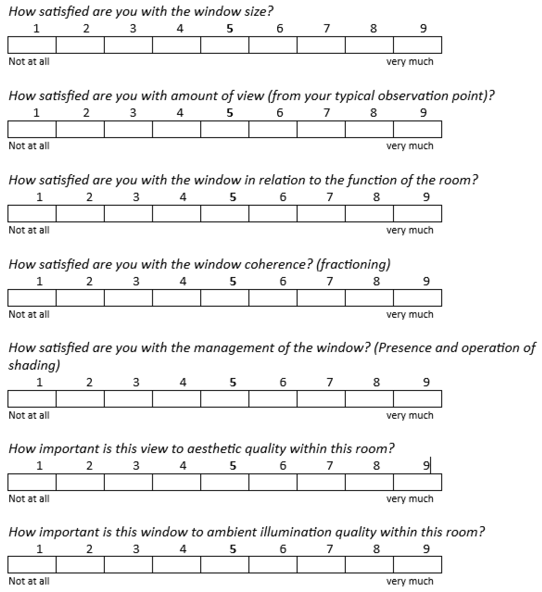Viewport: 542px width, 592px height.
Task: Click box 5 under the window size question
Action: (225, 45)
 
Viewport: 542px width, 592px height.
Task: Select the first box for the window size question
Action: (32, 45)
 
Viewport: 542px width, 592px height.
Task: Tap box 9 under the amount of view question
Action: (417, 129)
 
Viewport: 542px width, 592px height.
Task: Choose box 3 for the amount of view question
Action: (128, 129)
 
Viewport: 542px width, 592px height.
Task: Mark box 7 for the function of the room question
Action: (321, 213)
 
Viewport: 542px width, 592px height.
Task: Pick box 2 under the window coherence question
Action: (80, 298)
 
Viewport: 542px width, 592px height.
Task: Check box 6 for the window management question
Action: (273, 399)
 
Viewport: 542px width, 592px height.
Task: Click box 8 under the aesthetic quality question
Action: (369, 482)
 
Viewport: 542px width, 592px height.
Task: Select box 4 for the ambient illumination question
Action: (177, 565)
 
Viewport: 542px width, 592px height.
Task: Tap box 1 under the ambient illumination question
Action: (32, 565)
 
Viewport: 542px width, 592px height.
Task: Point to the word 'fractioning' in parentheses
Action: (353, 264)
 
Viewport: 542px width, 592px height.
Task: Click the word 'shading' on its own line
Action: (34, 365)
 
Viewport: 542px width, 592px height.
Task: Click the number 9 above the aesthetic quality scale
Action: (426, 466)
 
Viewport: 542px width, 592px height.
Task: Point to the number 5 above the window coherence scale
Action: (233, 281)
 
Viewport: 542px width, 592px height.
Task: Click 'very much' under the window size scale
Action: (409, 61)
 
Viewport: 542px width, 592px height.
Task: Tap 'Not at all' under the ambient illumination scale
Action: (29, 581)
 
